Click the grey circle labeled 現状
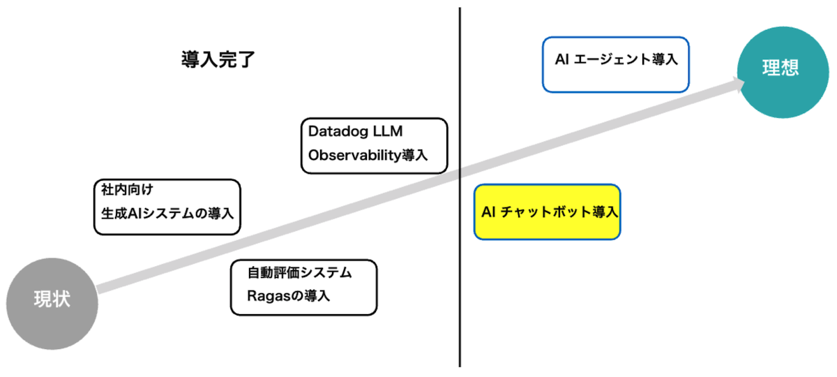point(52,302)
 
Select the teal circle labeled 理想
point(779,68)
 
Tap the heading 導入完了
point(217,59)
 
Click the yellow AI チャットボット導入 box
point(547,212)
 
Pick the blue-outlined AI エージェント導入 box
point(616,64)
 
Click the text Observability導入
point(368,155)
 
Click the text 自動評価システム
point(299,272)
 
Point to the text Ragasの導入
point(288,296)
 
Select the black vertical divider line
point(460,279)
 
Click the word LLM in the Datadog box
point(389,131)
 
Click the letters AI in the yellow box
point(488,212)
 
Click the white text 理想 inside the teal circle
point(779,68)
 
